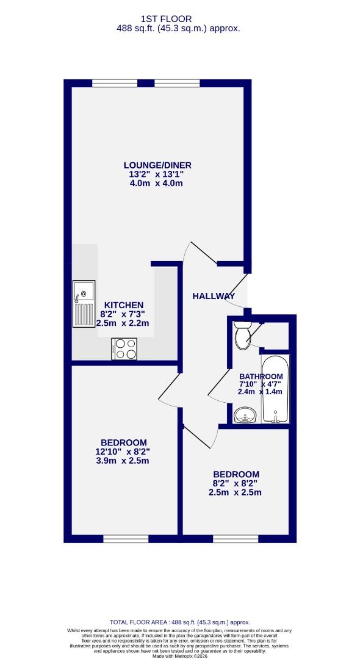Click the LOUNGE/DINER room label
pyautogui.click(x=157, y=165)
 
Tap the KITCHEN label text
pyautogui.click(x=123, y=305)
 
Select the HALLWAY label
pyautogui.click(x=214, y=296)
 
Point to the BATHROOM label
pyautogui.click(x=261, y=376)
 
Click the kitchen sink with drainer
pyautogui.click(x=82, y=304)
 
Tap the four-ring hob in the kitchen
pyautogui.click(x=125, y=348)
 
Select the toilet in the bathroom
pyautogui.click(x=242, y=336)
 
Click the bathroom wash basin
pyautogui.click(x=247, y=417)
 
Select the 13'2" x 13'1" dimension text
pyautogui.click(x=157, y=175)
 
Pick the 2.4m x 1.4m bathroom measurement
pyautogui.click(x=261, y=392)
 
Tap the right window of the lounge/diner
pyautogui.click(x=177, y=83)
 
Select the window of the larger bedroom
pyautogui.click(x=126, y=539)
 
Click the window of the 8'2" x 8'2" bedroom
pyautogui.click(x=236, y=539)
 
